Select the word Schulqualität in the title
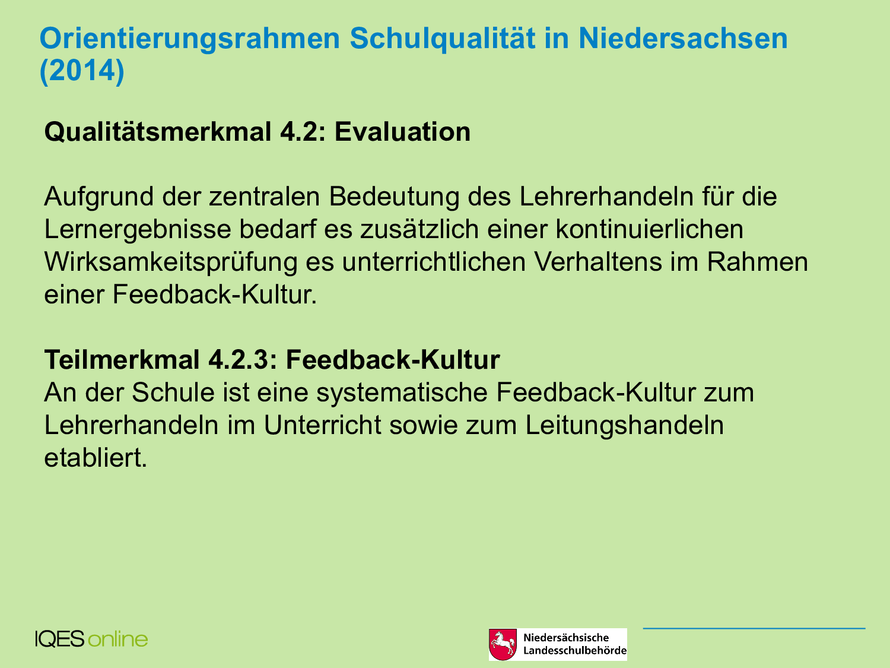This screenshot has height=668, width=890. click(443, 40)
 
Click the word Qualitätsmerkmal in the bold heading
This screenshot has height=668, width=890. click(158, 132)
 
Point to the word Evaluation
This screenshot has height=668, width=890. click(402, 132)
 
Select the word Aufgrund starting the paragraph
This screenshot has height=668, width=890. click(99, 198)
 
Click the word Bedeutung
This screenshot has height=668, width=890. click(394, 198)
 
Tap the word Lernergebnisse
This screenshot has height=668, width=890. click(137, 230)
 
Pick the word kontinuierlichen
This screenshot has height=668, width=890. click(650, 229)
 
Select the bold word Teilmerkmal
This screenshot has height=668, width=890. click(122, 360)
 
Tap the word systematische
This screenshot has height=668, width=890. click(402, 394)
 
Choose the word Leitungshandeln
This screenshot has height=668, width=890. click(624, 426)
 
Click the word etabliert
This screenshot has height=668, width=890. click(96, 458)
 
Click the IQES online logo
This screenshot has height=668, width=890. click(91, 639)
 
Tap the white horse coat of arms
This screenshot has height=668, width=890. click(503, 644)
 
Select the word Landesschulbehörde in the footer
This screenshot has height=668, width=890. click(575, 651)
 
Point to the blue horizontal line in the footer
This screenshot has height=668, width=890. click(754, 629)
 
